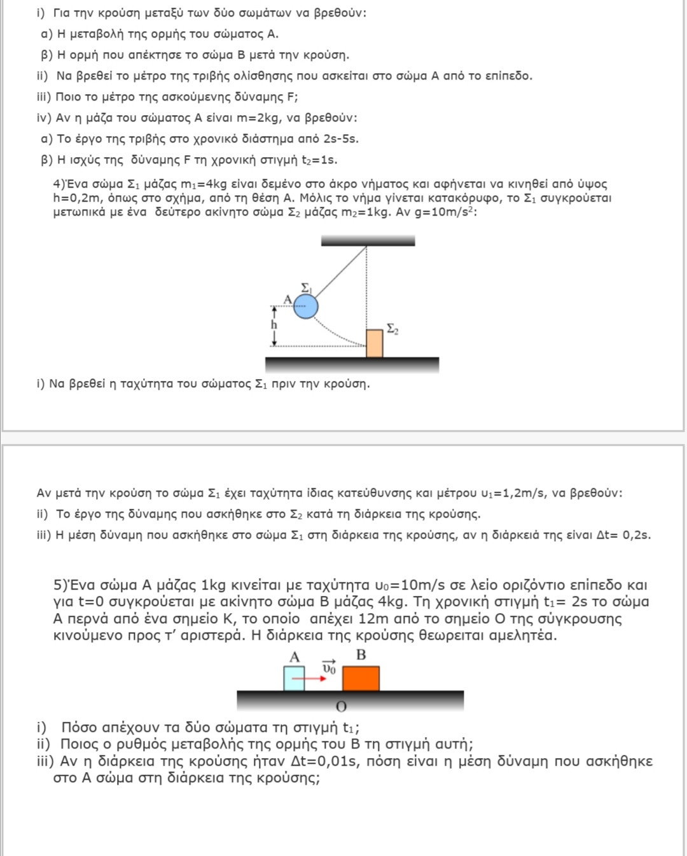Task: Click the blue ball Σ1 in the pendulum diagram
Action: (306, 307)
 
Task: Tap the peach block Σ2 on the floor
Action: (375, 343)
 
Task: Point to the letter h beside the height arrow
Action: (274, 325)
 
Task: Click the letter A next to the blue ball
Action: (288, 299)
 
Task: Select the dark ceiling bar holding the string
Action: (368, 240)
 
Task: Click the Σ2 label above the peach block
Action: (392, 329)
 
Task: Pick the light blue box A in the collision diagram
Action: (294, 678)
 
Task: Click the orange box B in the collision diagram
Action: (361, 678)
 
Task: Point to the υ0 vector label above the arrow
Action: (328, 667)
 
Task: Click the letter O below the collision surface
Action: (341, 707)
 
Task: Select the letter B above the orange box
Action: (361, 655)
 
